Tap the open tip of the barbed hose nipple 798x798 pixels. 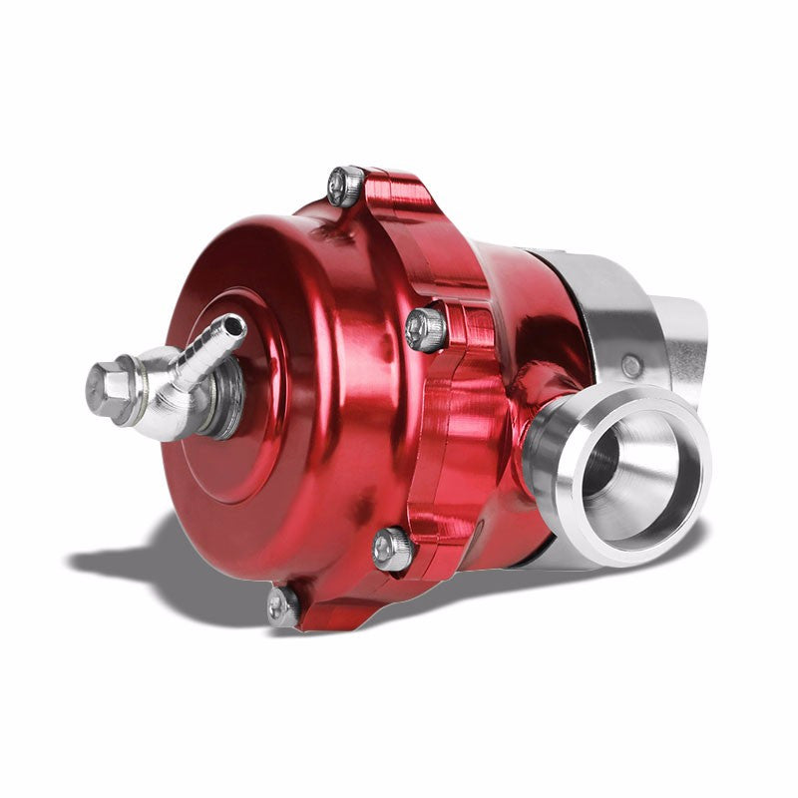236,325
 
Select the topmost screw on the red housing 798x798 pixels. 345,186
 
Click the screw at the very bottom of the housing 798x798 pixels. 282,605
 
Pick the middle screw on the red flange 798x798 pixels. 427,329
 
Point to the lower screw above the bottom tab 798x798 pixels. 393,548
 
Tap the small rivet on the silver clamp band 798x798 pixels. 631,366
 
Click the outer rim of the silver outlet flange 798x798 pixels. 678,519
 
